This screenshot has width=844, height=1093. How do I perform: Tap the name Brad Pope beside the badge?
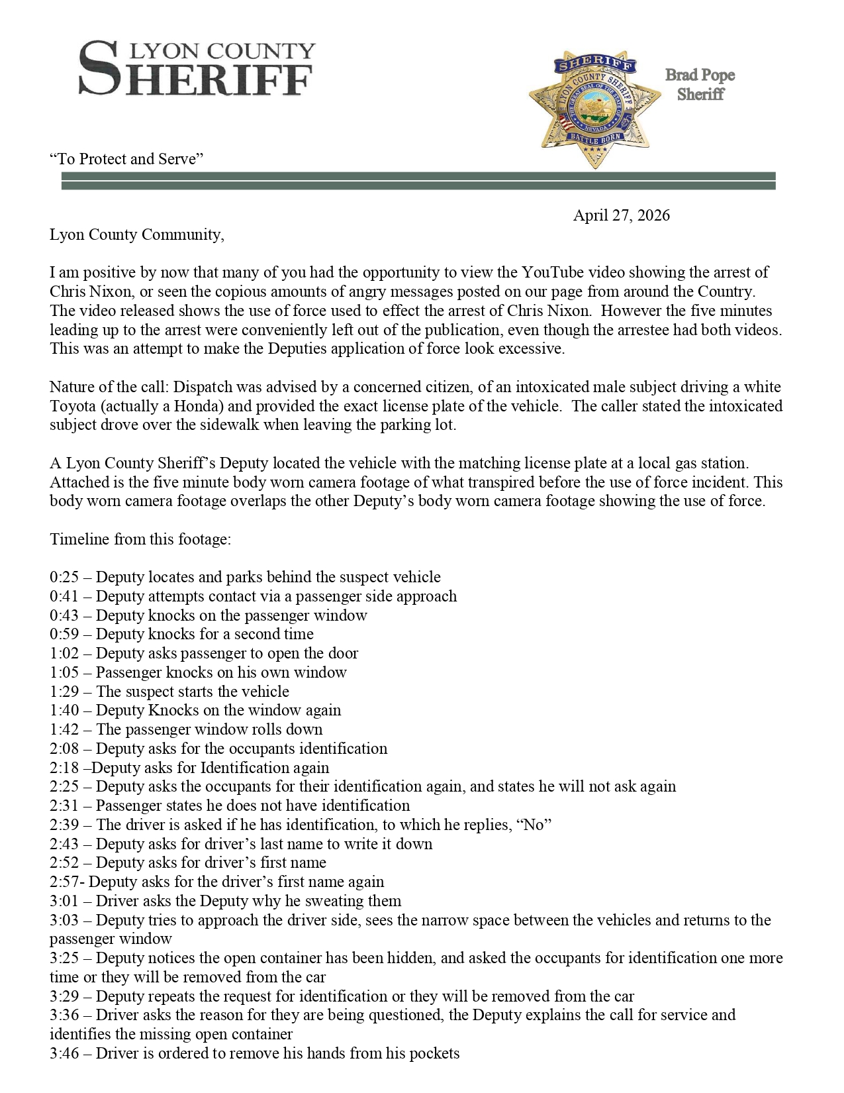(700, 75)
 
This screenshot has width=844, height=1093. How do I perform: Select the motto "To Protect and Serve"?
(126, 159)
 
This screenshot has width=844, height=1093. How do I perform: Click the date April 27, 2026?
(621, 215)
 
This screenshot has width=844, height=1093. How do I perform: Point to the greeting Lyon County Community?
(136, 234)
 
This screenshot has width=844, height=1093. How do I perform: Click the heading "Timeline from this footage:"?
(140, 539)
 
